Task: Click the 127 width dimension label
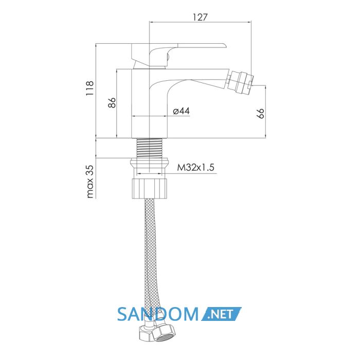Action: point(200,17)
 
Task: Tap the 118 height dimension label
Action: point(90,88)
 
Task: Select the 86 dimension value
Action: point(112,103)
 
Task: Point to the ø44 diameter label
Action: point(182,111)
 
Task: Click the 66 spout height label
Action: point(260,114)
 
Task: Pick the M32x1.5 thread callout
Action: point(195,167)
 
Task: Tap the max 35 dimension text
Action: point(90,182)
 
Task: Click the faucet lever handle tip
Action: point(225,45)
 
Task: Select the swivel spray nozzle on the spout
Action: point(240,82)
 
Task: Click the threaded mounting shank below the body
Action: point(150,148)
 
